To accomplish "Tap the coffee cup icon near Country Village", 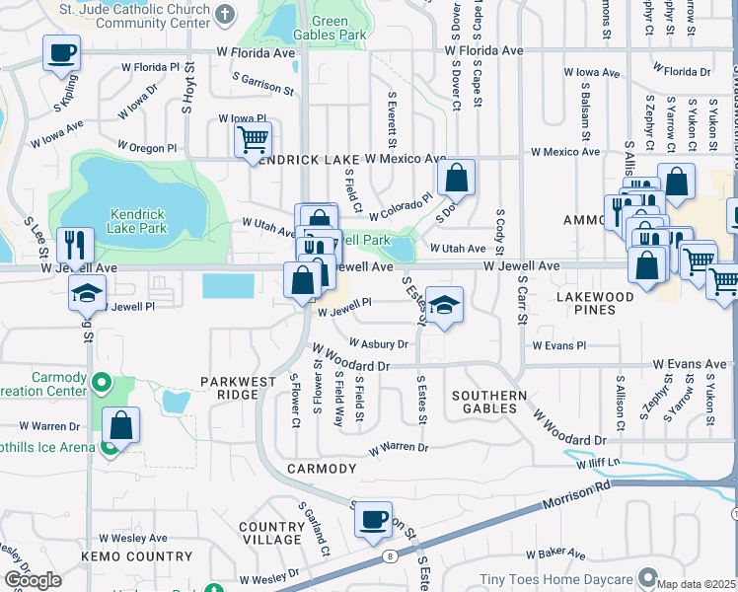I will (x=372, y=519).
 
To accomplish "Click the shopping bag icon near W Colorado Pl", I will (x=456, y=178).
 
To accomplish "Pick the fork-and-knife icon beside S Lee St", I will (x=76, y=244).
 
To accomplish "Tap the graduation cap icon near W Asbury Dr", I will (x=444, y=305).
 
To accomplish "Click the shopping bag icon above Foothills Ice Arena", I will (x=120, y=426).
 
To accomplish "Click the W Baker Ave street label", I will (x=556, y=555).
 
